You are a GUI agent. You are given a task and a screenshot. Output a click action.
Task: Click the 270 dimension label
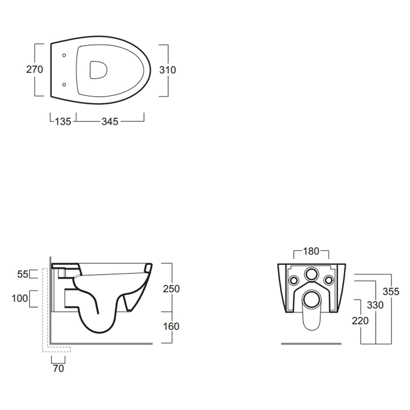(34, 70)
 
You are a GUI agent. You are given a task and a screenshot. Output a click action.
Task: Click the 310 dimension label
(168, 70)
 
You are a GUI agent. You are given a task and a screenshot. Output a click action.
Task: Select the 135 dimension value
(63, 121)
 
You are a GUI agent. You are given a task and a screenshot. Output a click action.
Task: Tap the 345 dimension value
(110, 121)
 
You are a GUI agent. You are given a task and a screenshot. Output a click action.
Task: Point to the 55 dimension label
(23, 274)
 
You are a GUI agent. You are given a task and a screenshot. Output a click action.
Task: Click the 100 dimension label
(19, 298)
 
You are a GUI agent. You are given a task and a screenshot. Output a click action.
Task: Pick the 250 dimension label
(171, 289)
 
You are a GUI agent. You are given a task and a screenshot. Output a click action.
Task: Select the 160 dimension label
(171, 326)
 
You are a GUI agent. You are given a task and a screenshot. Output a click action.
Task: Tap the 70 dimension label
(58, 368)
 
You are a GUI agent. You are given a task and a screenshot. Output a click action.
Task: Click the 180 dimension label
(311, 251)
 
